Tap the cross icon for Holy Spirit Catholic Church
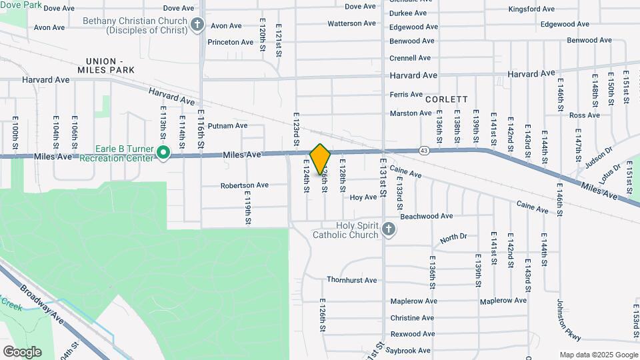[x=389, y=231]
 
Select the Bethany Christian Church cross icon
[x=197, y=25]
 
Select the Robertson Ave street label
[x=245, y=185]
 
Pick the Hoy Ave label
[x=364, y=197]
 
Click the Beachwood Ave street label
[x=427, y=216]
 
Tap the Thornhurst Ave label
[x=351, y=280]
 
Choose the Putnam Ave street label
[x=227, y=125]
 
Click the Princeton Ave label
[x=231, y=42]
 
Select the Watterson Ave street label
[x=352, y=23]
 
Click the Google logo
[x=22, y=352]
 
